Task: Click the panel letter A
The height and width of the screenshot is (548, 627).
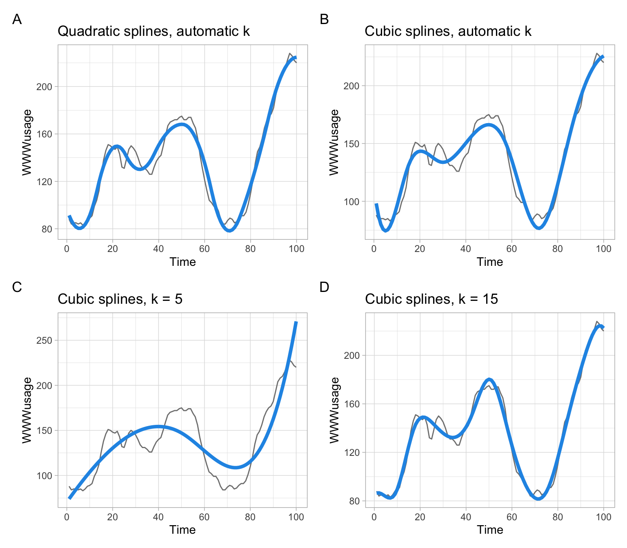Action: coord(17,19)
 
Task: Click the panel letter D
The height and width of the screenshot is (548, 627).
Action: coord(324,287)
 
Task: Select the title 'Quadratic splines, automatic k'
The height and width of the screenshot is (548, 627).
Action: coord(153,31)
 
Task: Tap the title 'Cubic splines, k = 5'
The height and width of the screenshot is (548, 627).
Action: coord(120,299)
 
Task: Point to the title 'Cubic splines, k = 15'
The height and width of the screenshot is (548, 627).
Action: coord(431,299)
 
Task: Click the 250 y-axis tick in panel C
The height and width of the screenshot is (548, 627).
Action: coord(44,340)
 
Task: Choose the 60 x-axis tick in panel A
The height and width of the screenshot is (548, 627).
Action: coord(205,249)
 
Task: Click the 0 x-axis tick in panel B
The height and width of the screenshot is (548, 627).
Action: coord(374,249)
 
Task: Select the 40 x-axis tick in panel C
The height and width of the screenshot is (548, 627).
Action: coord(158,517)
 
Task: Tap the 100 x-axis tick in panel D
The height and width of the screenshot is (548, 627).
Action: coord(603,517)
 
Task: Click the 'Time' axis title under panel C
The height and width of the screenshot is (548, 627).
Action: coord(182,530)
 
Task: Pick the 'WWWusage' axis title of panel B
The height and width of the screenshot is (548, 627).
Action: coord(334,142)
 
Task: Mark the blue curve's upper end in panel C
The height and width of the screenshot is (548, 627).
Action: coord(296,323)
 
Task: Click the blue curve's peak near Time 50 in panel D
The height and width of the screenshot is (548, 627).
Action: coord(489,379)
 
